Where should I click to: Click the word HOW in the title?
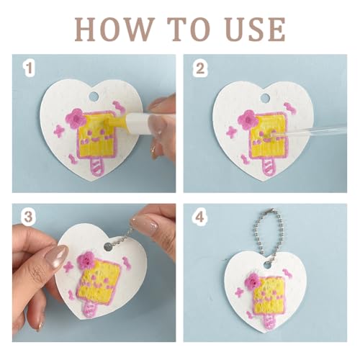(x=113, y=30)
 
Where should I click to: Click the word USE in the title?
(x=256, y=30)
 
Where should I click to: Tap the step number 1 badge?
(x=30, y=68)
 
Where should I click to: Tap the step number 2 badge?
(x=200, y=68)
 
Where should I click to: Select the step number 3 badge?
(x=28, y=217)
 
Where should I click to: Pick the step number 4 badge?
(x=199, y=217)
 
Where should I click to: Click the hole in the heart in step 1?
(x=94, y=96)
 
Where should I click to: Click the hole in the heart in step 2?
(x=265, y=97)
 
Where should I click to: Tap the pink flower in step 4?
(x=252, y=282)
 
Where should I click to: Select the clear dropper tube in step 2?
(x=308, y=132)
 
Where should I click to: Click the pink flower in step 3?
(x=86, y=260)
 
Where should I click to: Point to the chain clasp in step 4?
(x=271, y=210)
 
